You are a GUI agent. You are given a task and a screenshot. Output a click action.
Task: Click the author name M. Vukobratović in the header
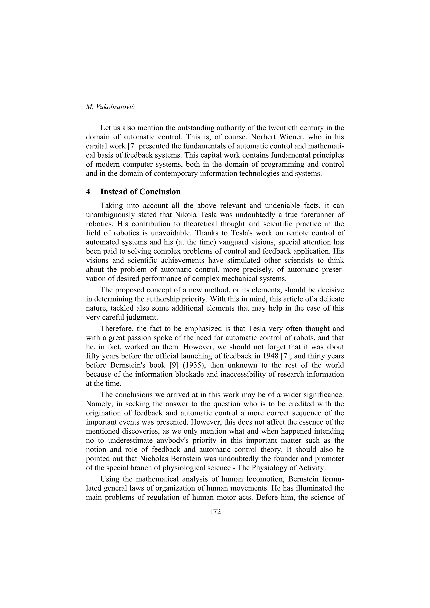coord(110,107)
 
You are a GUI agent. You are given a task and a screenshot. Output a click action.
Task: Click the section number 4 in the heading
coord(88,192)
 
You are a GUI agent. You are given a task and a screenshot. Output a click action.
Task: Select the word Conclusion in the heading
coord(160,192)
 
